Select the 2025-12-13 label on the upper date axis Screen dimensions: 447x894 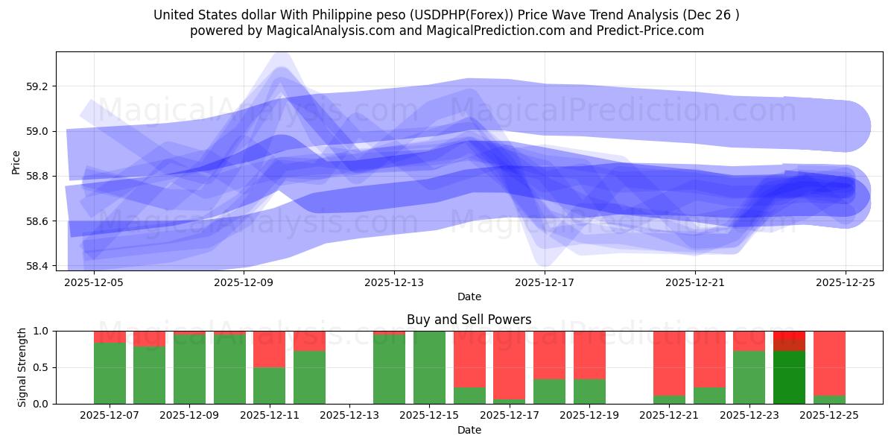pos(393,282)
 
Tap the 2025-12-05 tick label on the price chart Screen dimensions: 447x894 pos(94,282)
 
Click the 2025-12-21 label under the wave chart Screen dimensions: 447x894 pos(694,282)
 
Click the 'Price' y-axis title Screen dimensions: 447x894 pos(16,162)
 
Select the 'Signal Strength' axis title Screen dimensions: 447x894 pos(22,367)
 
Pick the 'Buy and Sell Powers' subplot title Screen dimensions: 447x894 pos(469,320)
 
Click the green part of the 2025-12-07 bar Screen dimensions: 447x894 pos(110,373)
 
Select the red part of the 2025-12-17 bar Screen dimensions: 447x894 pos(509,365)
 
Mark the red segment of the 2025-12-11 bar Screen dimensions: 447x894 pos(269,349)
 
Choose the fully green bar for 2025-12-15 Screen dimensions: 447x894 pos(429,367)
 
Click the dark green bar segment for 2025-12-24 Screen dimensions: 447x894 pos(789,378)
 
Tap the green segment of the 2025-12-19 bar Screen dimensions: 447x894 pos(589,392)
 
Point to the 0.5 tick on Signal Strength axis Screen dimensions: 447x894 pos(42,367)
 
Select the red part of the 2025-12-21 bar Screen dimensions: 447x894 pos(669,363)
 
